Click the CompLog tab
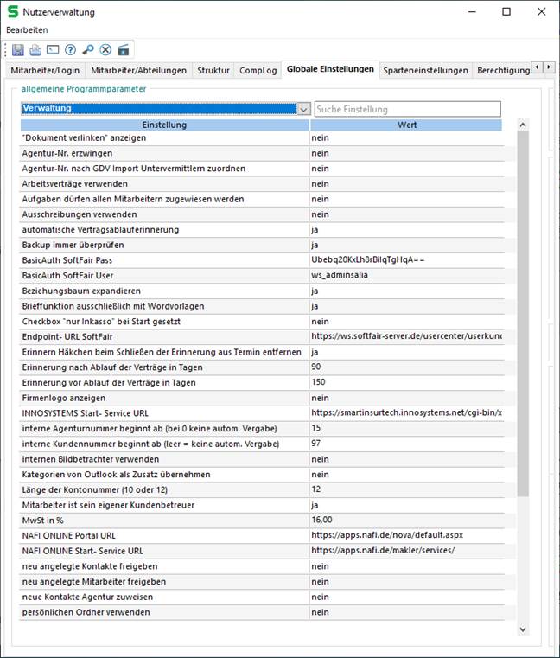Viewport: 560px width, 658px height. [x=258, y=70]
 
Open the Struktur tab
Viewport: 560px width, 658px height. [x=213, y=70]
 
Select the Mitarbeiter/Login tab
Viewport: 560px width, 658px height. [x=44, y=70]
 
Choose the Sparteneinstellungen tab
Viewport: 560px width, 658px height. [x=426, y=70]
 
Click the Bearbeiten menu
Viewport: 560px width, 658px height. [x=27, y=29]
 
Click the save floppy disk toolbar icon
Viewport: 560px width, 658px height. [x=17, y=49]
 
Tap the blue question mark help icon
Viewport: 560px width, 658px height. [x=70, y=49]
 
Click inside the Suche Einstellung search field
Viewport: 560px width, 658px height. [x=407, y=109]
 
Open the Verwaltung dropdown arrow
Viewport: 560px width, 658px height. [x=303, y=109]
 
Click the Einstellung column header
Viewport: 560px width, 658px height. [x=164, y=125]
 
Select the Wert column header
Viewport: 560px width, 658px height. [x=407, y=125]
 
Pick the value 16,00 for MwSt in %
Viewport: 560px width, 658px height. [x=322, y=520]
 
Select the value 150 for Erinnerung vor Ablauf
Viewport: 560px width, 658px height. [x=319, y=382]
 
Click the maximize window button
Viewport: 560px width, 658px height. [x=506, y=11]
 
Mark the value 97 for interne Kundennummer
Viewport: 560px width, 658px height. [x=316, y=444]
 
